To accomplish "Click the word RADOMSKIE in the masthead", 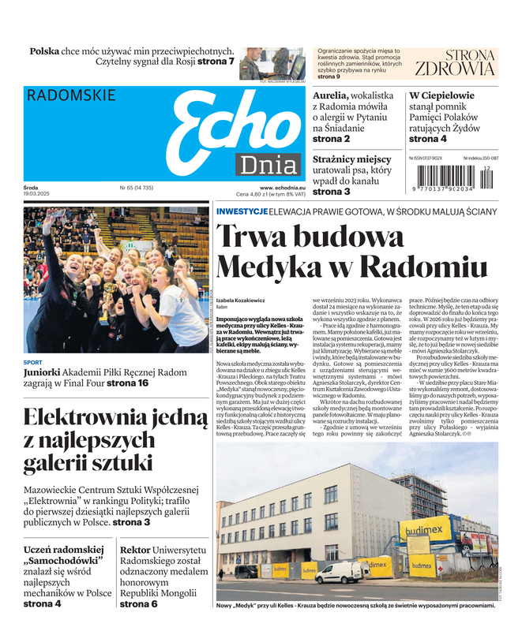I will pyautogui.click(x=71, y=95).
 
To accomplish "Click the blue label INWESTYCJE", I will pyautogui.click(x=241, y=211).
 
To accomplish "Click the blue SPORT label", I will pyautogui.click(x=33, y=363).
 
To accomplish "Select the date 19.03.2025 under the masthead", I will pyautogui.click(x=37, y=194).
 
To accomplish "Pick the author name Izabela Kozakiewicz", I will pyautogui.click(x=242, y=301).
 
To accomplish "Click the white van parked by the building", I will pyautogui.click(x=339, y=572).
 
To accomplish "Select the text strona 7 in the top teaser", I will pyautogui.click(x=216, y=62).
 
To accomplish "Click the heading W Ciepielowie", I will pyautogui.click(x=441, y=95).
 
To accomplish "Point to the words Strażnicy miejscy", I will pyautogui.click(x=351, y=159).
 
